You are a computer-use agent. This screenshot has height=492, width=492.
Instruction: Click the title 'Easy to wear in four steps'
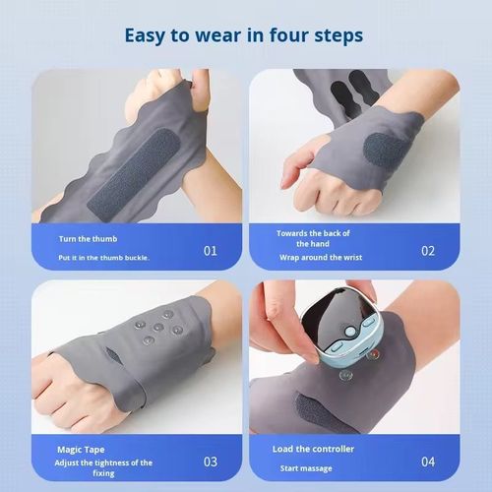click(x=244, y=35)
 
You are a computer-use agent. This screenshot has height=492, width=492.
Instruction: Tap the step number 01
click(x=210, y=250)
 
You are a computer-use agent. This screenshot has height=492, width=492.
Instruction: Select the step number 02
click(x=428, y=250)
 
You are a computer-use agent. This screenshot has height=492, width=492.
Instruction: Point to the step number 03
click(x=210, y=461)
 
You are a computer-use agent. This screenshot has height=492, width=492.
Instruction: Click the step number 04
click(x=428, y=461)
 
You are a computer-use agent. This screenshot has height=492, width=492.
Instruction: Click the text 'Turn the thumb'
click(x=90, y=239)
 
